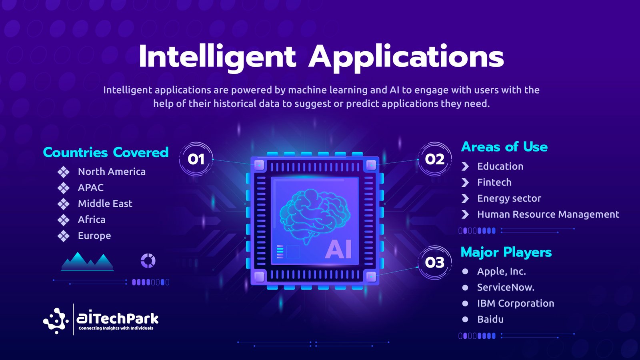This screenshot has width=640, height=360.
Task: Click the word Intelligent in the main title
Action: pyautogui.click(x=218, y=58)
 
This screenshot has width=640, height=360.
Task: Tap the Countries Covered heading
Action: pyautogui.click(x=106, y=152)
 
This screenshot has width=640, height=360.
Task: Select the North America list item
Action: pyautogui.click(x=112, y=172)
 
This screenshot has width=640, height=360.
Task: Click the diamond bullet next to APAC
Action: pyautogui.click(x=64, y=188)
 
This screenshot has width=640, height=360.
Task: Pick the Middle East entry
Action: pyautogui.click(x=105, y=204)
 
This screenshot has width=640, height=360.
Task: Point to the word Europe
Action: pyautogui.click(x=94, y=236)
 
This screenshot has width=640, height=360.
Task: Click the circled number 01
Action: pyautogui.click(x=196, y=159)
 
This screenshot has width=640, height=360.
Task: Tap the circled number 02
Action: pyautogui.click(x=434, y=159)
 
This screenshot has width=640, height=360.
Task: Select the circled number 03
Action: pyautogui.click(x=434, y=262)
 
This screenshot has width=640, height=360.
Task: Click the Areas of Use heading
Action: pyautogui.click(x=504, y=147)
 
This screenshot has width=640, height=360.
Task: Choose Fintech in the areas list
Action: pyautogui.click(x=494, y=182)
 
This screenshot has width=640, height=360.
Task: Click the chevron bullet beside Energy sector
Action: pyautogui.click(x=465, y=198)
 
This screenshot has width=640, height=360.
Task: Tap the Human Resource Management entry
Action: pyautogui.click(x=548, y=214)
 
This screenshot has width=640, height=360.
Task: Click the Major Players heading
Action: pyautogui.click(x=506, y=252)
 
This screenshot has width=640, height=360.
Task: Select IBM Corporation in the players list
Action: pyautogui.click(x=516, y=303)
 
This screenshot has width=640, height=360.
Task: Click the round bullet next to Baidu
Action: pyautogui.click(x=465, y=319)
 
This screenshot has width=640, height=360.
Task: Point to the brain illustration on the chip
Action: pyautogui.click(x=314, y=216)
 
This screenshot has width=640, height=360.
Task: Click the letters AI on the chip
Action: pyautogui.click(x=338, y=250)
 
